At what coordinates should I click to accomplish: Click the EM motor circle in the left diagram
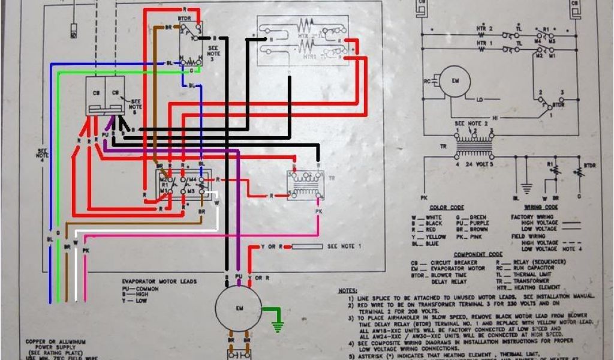pyautogui.click(x=239, y=307)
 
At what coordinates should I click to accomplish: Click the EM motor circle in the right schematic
pyautogui.click(x=455, y=81)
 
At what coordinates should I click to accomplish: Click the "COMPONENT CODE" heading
pyautogui.click(x=477, y=254)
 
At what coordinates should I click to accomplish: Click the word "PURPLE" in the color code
pyautogui.click(x=479, y=223)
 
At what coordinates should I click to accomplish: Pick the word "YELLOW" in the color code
pyautogui.click(x=436, y=236)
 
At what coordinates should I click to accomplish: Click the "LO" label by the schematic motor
pyautogui.click(x=480, y=99)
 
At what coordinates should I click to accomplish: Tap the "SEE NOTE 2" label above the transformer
pyautogui.click(x=468, y=123)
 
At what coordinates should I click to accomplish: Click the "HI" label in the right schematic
pyautogui.click(x=496, y=118)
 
